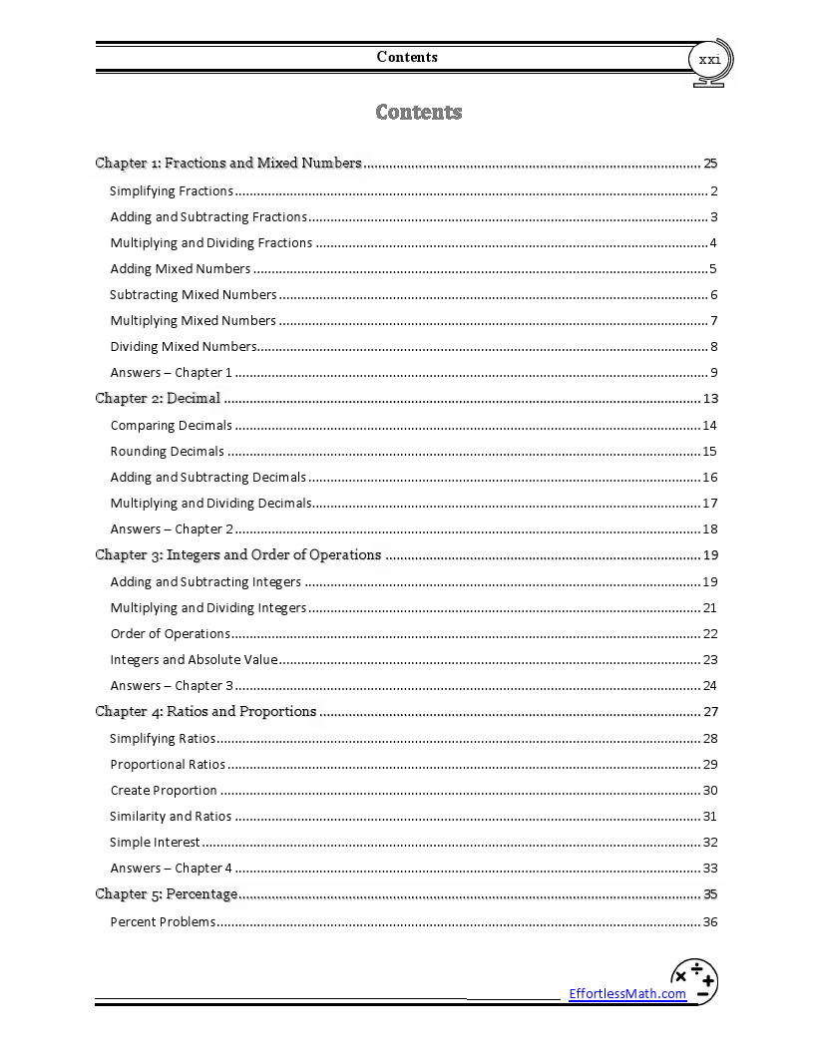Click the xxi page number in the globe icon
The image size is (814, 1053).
[709, 60]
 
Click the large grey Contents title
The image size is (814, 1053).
[419, 112]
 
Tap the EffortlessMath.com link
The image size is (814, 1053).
[627, 993]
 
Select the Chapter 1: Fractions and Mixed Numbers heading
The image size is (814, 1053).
[228, 163]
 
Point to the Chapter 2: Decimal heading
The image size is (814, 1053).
[158, 398]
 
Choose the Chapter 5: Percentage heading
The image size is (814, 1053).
[167, 893]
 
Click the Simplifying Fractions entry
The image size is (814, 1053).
[172, 190]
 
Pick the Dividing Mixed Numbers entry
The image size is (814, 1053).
[184, 347]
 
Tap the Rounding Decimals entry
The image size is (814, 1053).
[168, 451]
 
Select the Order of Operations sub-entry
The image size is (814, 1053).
[171, 633]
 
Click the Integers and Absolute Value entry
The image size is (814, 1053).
[194, 659]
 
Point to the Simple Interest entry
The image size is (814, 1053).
[155, 842]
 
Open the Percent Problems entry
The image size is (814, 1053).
[163, 921]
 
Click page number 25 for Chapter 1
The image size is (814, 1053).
[710, 163]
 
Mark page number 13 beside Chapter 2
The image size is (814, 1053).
[710, 399]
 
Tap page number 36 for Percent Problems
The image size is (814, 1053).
[710, 921]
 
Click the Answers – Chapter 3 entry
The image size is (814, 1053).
[172, 685]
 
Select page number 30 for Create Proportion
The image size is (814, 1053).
[710, 790]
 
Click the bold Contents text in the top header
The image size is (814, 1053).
[407, 57]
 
